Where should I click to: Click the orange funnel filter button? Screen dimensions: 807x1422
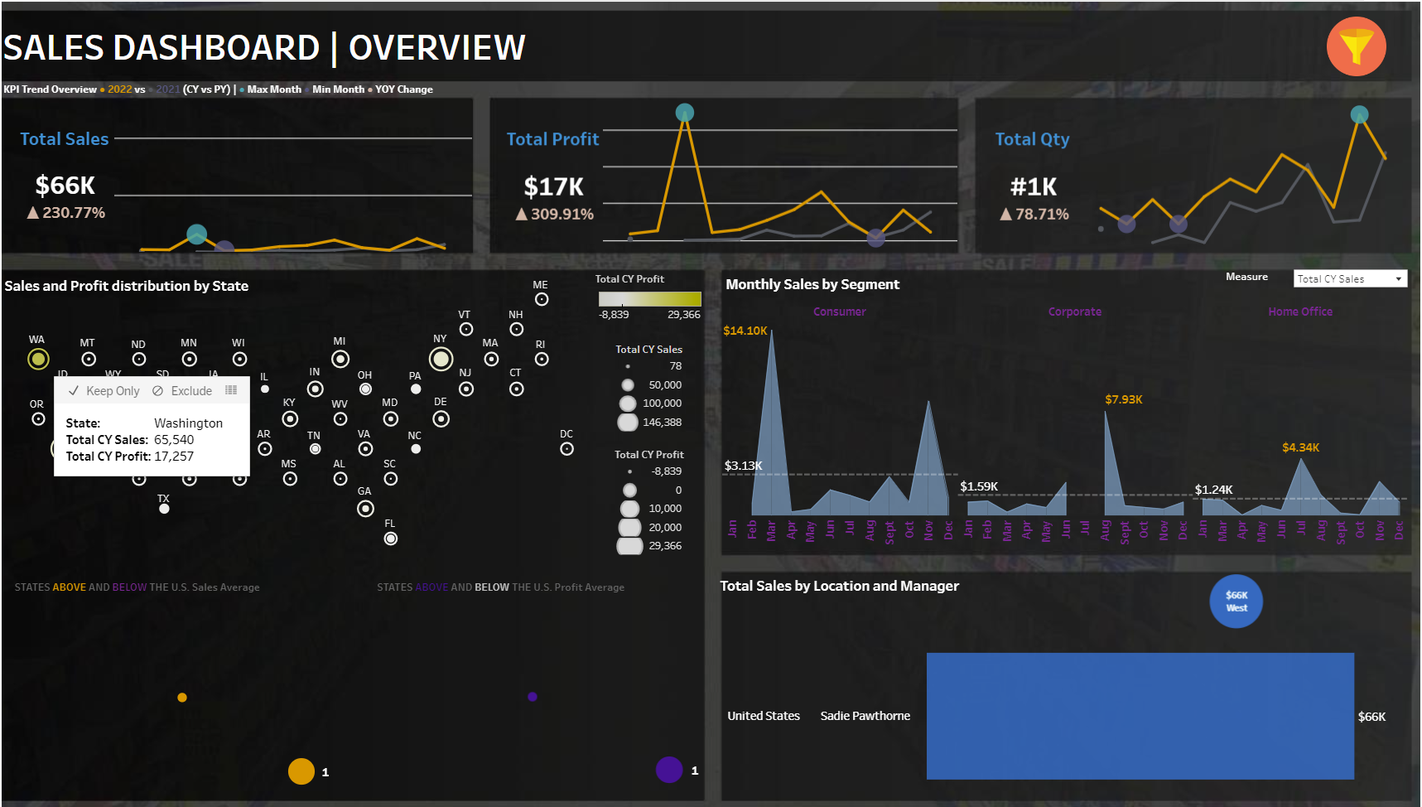[x=1356, y=46]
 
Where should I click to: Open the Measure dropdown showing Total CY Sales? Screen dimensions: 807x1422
[x=1350, y=279]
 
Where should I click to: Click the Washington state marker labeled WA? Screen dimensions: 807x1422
[x=38, y=359]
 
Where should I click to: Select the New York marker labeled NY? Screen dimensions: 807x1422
[x=441, y=359]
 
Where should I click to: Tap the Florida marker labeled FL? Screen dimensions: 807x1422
[x=391, y=539]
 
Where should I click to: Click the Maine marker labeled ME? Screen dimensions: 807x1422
[x=542, y=299]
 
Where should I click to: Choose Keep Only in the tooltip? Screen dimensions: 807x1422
[x=104, y=391]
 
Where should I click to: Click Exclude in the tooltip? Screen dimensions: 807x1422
[x=183, y=391]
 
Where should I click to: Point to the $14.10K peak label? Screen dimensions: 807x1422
[x=745, y=331]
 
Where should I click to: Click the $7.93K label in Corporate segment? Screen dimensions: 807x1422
[x=1123, y=399]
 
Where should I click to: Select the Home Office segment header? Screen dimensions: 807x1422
[x=1299, y=312]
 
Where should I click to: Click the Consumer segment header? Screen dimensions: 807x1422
[x=839, y=312]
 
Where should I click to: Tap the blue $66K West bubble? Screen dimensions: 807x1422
[x=1236, y=602]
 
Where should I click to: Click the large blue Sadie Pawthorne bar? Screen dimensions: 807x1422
[x=1140, y=716]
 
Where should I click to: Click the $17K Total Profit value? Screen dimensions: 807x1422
[x=553, y=187]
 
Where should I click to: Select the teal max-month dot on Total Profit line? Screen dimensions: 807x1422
[x=685, y=112]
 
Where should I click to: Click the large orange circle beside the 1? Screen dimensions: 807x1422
[x=301, y=771]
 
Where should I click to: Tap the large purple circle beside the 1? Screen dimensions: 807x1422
[x=669, y=770]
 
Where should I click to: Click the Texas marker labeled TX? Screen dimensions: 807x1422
[x=164, y=509]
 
